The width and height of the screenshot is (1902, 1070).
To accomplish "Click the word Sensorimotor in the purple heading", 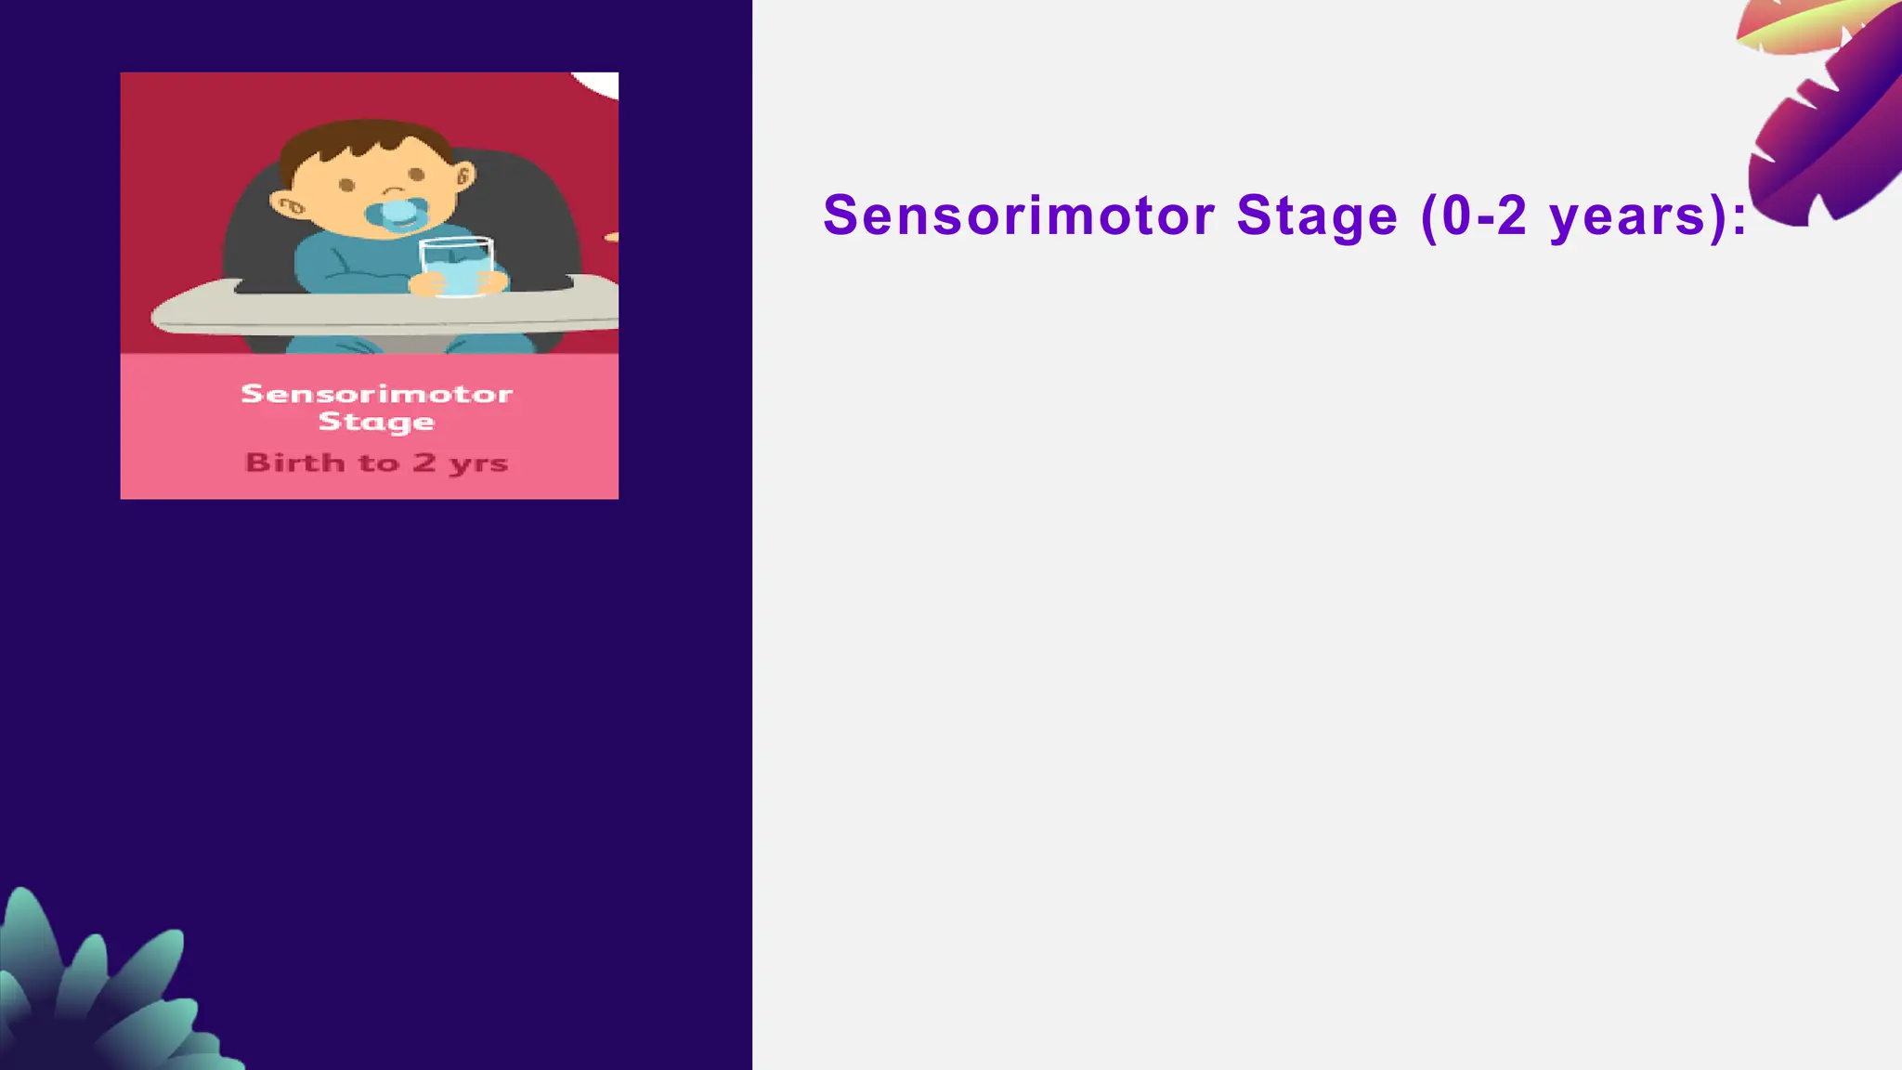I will (x=1019, y=215).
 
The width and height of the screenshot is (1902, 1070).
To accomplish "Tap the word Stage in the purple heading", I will (x=1317, y=215).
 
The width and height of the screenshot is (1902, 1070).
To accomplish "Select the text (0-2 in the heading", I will (x=1474, y=215).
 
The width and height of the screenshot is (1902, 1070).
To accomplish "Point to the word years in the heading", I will (x=1627, y=215).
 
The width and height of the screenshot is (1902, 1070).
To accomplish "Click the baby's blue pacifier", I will (x=397, y=213).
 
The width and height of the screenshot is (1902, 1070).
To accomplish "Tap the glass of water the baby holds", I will (x=456, y=267).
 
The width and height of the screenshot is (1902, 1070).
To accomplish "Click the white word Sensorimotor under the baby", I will (x=376, y=394).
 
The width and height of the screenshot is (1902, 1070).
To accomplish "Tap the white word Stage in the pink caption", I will (x=376, y=422).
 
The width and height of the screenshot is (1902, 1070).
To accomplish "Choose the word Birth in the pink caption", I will (x=294, y=463).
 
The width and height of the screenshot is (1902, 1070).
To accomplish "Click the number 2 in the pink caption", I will (x=424, y=462).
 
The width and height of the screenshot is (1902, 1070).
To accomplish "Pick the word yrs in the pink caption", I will (x=478, y=463).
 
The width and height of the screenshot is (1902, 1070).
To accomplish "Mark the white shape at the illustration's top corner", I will (x=599, y=83).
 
